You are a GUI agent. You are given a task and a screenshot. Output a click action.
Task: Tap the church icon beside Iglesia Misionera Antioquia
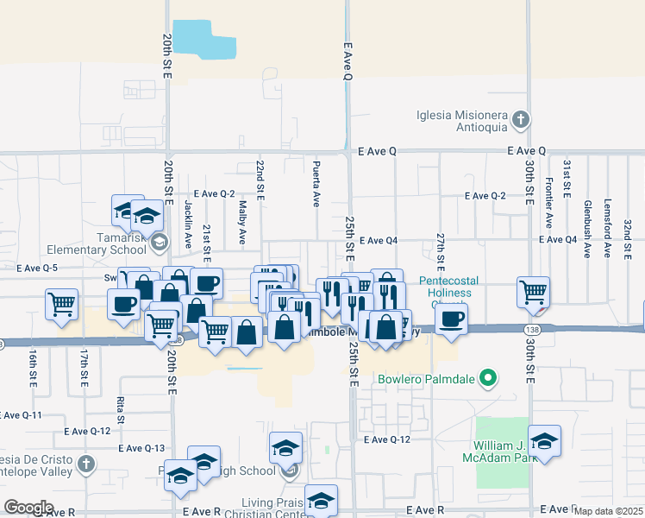coord(520,119)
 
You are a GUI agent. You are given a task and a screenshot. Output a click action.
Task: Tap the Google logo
coord(28,508)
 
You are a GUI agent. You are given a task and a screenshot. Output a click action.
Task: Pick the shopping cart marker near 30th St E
coord(534,293)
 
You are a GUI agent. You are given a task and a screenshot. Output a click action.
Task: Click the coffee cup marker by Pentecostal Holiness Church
coord(451,319)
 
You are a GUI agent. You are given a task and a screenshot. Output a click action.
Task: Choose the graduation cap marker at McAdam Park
coord(544,441)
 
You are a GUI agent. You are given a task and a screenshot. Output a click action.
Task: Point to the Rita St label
coord(119,404)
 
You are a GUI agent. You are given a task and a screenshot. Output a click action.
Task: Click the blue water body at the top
coord(204,40)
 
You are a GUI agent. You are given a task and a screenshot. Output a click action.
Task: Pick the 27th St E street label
coord(440,248)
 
